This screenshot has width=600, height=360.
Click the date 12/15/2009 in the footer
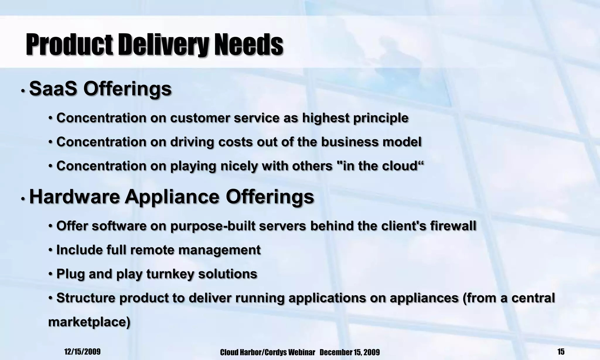82,352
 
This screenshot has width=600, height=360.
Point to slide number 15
561,352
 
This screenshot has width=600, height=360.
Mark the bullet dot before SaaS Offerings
23,91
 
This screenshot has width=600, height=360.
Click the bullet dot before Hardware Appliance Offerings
23,199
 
